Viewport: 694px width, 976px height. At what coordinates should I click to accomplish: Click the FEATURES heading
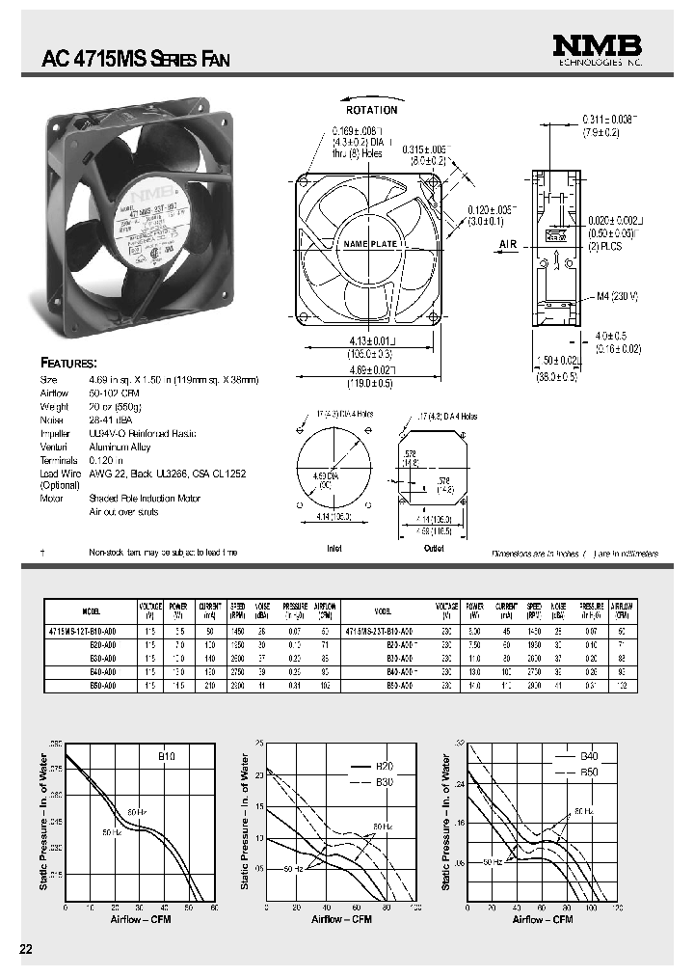pyautogui.click(x=67, y=364)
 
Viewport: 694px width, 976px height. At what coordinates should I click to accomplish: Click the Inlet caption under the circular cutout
pyautogui.click(x=334, y=549)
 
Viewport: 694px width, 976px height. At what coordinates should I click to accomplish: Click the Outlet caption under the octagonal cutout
pyautogui.click(x=434, y=549)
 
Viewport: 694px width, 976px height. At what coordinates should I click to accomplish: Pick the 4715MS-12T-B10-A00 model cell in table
pyautogui.click(x=81, y=629)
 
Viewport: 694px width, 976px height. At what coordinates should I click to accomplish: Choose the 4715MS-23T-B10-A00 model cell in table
pyautogui.click(x=382, y=629)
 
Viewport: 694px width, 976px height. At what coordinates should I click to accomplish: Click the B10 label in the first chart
pyautogui.click(x=167, y=757)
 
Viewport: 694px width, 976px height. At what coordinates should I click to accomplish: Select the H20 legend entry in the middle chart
pyautogui.click(x=385, y=766)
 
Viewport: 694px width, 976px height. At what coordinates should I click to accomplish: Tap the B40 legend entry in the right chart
pyautogui.click(x=589, y=757)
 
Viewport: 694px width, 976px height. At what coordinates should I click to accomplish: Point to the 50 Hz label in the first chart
pyautogui.click(x=111, y=831)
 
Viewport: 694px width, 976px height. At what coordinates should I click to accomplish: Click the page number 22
pyautogui.click(x=26, y=949)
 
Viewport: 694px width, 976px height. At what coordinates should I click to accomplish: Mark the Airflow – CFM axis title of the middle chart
pyautogui.click(x=342, y=919)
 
